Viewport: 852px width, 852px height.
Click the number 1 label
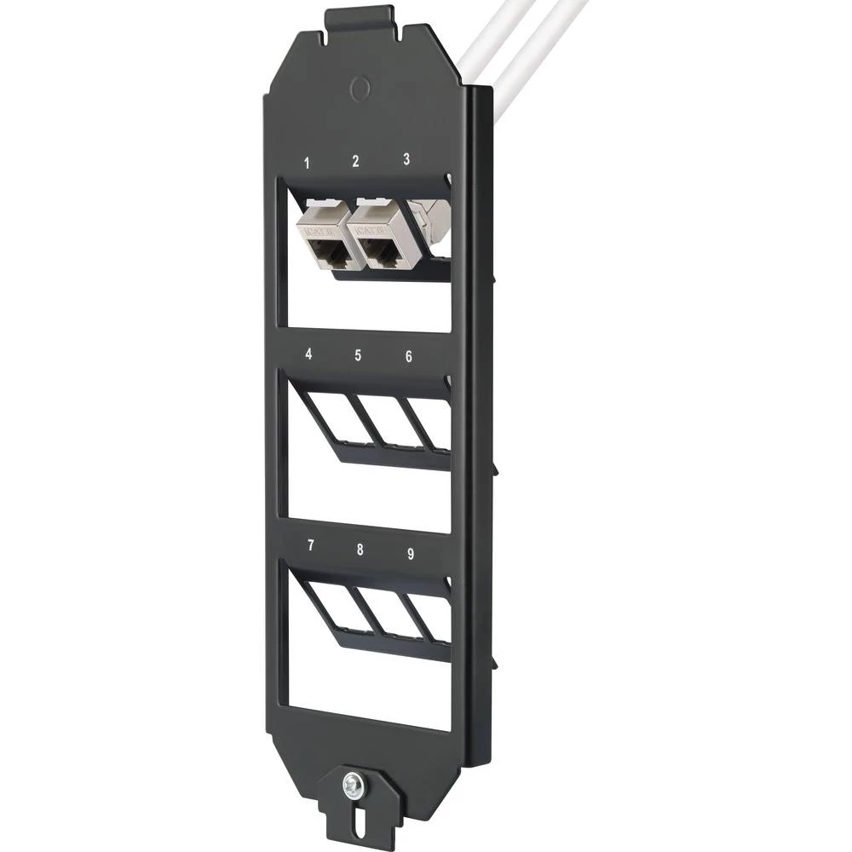click(x=308, y=162)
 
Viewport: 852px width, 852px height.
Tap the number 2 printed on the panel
click(x=355, y=160)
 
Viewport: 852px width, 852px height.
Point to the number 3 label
click(x=406, y=158)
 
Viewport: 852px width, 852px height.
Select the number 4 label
click(x=308, y=354)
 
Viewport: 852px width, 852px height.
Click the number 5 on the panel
click(x=358, y=355)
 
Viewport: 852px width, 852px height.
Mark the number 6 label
click(x=409, y=356)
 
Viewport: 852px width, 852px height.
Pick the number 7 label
click(x=310, y=545)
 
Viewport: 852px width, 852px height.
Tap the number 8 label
click(x=360, y=550)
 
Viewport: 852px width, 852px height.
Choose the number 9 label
click(x=411, y=554)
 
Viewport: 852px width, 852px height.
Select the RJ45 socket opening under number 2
click(x=380, y=250)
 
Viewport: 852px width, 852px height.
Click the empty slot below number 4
click(x=331, y=417)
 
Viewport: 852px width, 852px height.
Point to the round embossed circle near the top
click(x=360, y=87)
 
